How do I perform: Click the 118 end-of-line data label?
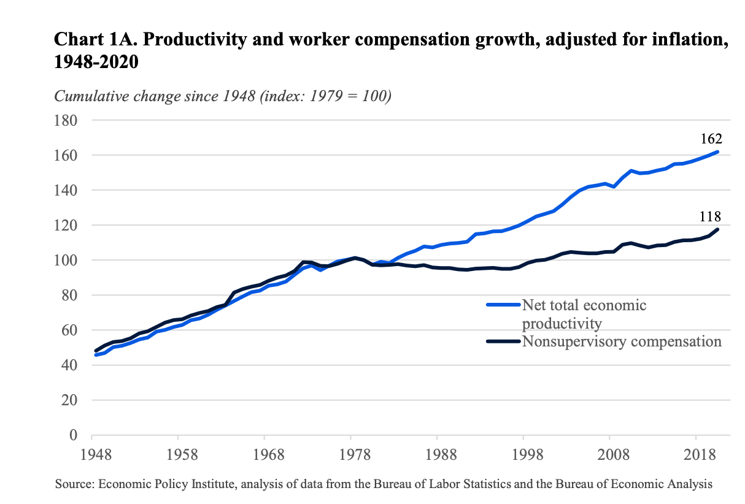[x=709, y=216]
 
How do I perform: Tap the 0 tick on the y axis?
[x=72, y=435]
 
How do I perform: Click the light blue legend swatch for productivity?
[x=503, y=304]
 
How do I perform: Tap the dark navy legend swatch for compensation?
[x=503, y=341]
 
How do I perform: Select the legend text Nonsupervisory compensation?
[x=621, y=342]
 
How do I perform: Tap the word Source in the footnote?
[x=73, y=484]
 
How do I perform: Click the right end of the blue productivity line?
[x=717, y=152]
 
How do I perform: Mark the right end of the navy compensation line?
[x=717, y=229]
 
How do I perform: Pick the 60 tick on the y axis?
[x=69, y=330]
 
